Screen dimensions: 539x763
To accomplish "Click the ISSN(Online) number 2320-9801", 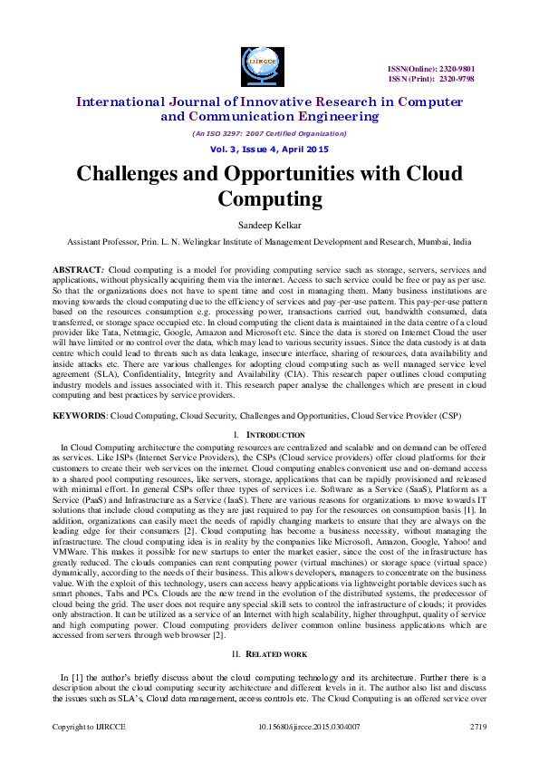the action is click(456, 69).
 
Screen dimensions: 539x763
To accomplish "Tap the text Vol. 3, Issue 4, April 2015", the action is click(269, 149).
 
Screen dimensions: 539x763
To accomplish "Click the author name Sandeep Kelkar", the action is click(269, 224).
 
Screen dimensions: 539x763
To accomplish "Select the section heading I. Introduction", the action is click(269, 435).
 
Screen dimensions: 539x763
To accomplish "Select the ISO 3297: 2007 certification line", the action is click(269, 132).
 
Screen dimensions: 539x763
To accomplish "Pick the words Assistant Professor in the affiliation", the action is click(102, 242).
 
